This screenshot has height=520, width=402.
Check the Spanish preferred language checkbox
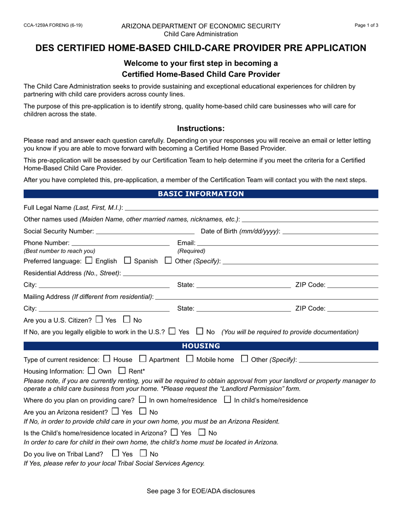tap(128, 260)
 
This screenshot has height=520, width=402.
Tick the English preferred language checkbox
tap(89, 260)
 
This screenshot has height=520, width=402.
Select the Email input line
tap(288, 243)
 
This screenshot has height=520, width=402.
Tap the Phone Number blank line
tap(121, 243)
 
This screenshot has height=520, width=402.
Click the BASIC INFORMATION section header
tap(201, 194)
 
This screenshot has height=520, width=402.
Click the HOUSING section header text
tap(201, 346)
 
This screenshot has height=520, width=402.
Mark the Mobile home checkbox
tap(190, 359)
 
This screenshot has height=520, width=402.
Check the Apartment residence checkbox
tap(143, 359)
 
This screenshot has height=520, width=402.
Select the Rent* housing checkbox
tap(122, 371)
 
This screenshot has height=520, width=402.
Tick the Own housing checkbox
tap(91, 371)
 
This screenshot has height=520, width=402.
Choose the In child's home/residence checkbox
tap(228, 400)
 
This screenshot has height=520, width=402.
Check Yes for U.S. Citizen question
tap(99, 320)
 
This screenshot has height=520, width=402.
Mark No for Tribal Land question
tap(143, 454)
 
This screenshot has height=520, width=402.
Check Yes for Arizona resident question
tap(115, 411)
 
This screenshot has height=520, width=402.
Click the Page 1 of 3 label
tap(366, 25)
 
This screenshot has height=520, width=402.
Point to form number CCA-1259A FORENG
tap(53, 25)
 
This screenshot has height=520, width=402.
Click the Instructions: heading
tap(201, 129)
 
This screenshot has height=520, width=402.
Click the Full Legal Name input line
tap(251, 207)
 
